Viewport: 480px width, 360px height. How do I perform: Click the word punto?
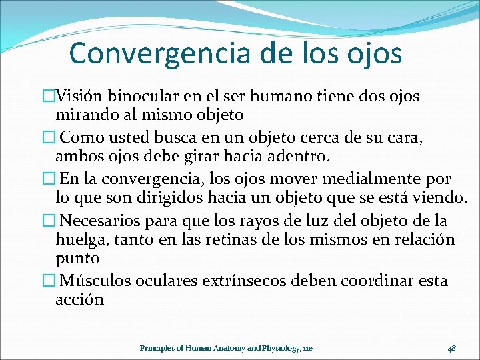coord(77,257)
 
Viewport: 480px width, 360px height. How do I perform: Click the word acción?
coord(79,299)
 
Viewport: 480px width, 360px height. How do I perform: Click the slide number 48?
coord(451,348)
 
